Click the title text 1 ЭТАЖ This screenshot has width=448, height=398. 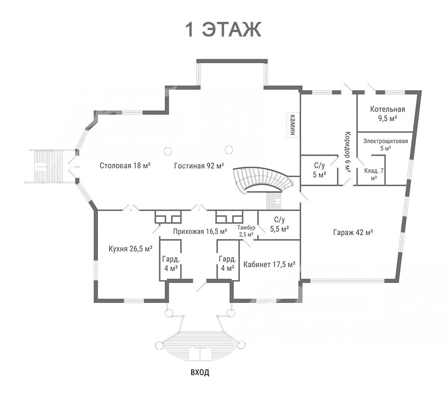tap(224, 29)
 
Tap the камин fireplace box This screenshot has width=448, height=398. tap(293, 124)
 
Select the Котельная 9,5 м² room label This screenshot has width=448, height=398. tap(388, 113)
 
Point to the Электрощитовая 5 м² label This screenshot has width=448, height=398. tap(385, 144)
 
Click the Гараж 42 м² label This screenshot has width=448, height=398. tap(353, 232)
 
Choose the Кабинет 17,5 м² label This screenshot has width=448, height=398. tap(269, 264)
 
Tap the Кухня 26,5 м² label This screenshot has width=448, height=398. tap(130, 249)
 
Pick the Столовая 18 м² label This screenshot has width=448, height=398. tap(125, 165)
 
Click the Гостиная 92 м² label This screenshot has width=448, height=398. tap(199, 165)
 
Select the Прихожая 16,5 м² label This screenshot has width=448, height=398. tap(200, 231)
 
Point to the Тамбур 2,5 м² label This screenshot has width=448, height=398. tap(246, 231)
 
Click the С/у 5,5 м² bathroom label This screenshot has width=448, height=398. tap(279, 224)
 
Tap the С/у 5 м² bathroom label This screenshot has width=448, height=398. tap(320, 170)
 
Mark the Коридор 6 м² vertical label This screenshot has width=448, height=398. tap(348, 152)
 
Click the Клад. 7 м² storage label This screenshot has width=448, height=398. tap(374, 174)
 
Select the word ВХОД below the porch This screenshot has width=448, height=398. tap(200, 372)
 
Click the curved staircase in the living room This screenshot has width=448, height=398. tap(263, 179)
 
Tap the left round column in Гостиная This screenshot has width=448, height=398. tap(168, 151)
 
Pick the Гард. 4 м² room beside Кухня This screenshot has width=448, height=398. tap(171, 264)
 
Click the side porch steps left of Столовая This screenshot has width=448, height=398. tap(48, 166)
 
